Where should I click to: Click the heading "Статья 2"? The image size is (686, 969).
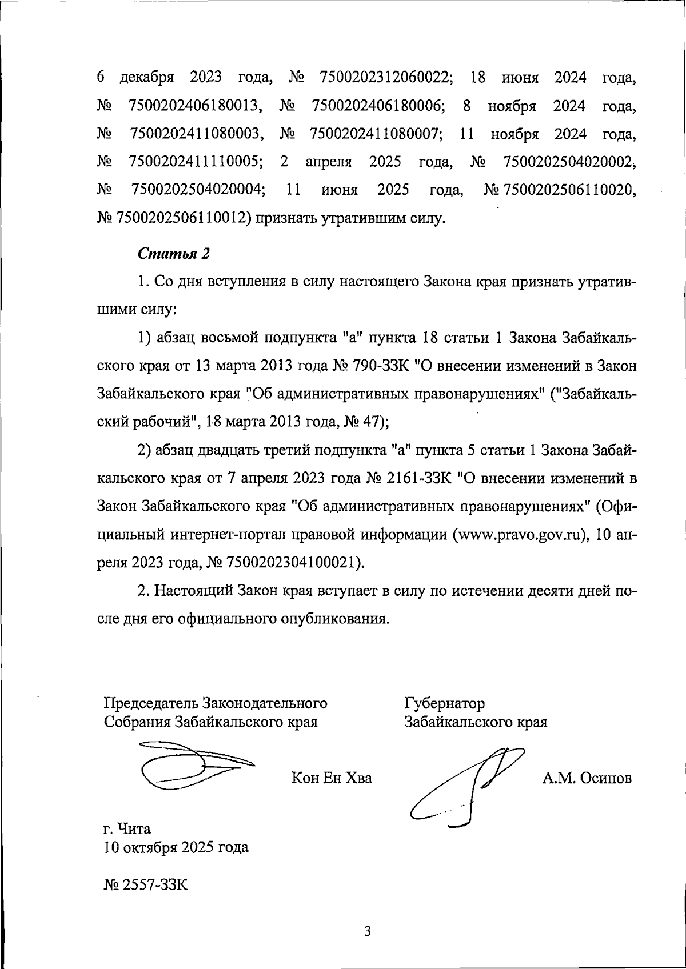point(174,254)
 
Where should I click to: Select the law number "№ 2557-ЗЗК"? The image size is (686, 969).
point(146,885)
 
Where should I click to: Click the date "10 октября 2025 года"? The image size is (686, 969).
point(176,847)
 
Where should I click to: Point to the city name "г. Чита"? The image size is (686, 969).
point(127,828)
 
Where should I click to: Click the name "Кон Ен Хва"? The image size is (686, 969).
point(332,778)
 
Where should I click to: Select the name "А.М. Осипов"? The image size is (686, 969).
point(587,778)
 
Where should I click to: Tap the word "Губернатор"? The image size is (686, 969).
point(445,703)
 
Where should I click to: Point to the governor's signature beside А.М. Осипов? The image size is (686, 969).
point(466,786)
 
